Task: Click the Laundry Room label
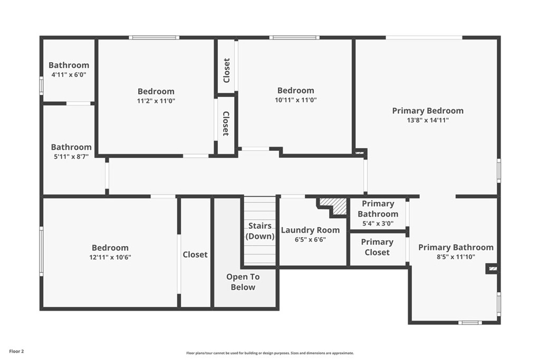pos(310,230)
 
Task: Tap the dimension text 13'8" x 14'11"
pos(428,120)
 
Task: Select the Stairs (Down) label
pos(259,231)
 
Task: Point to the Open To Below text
pos(243,282)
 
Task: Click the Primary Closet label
pos(377,247)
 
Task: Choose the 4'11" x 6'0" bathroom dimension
pos(69,74)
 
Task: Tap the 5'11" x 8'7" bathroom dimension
pos(71,157)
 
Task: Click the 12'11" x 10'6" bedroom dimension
pos(110,257)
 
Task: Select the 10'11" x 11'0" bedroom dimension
pos(296,100)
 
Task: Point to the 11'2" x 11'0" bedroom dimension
pos(156,101)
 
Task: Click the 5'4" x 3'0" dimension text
pos(378,223)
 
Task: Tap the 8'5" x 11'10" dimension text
pos(456,257)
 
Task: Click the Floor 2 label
pos(16,352)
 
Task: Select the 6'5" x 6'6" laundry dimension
pos(310,239)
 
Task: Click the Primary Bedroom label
pos(428,111)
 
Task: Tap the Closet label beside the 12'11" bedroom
pos(195,255)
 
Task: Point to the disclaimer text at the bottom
pos(270,353)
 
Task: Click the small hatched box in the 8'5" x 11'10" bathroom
pos(493,269)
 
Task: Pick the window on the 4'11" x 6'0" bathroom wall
pos(41,85)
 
